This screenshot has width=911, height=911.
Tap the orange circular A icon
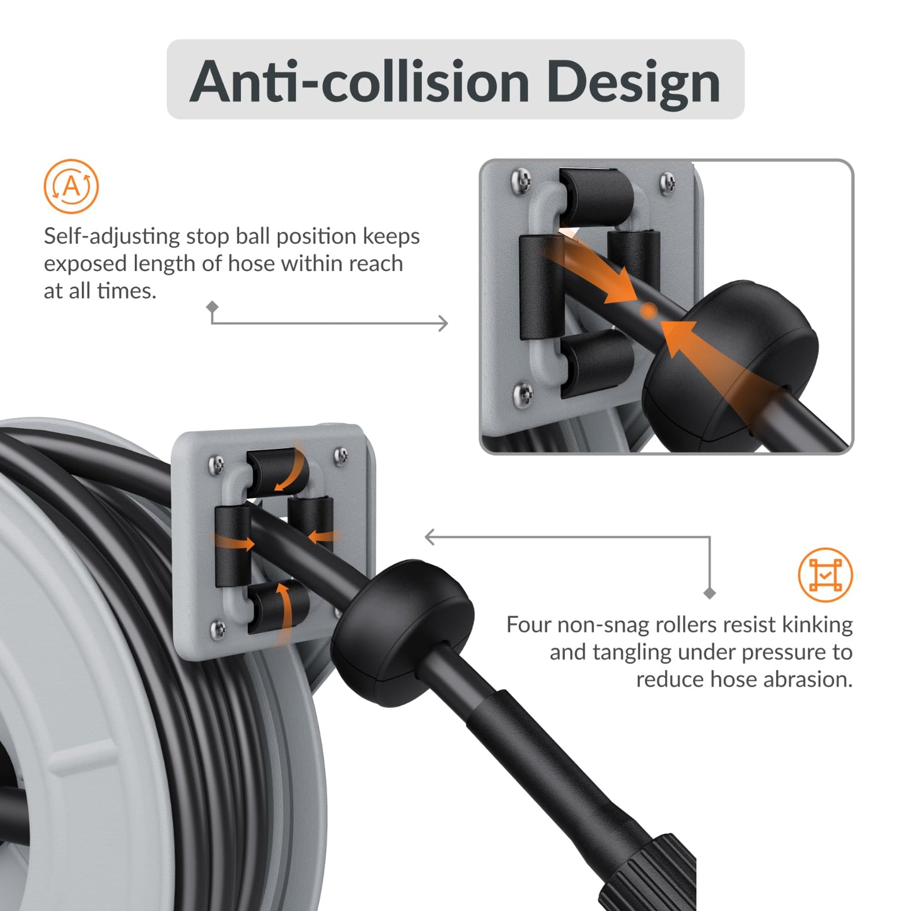coord(71,187)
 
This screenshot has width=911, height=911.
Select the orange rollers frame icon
coord(825,574)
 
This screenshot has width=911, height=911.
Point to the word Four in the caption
coord(528,625)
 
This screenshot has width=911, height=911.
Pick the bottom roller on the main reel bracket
coord(277,606)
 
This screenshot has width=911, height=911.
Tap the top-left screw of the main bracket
coord(216,465)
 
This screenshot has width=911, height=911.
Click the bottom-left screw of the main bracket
coord(218,629)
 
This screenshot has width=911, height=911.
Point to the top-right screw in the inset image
coord(667,183)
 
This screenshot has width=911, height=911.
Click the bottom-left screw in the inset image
coord(523,395)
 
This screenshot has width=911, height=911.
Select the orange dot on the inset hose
coord(648,310)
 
